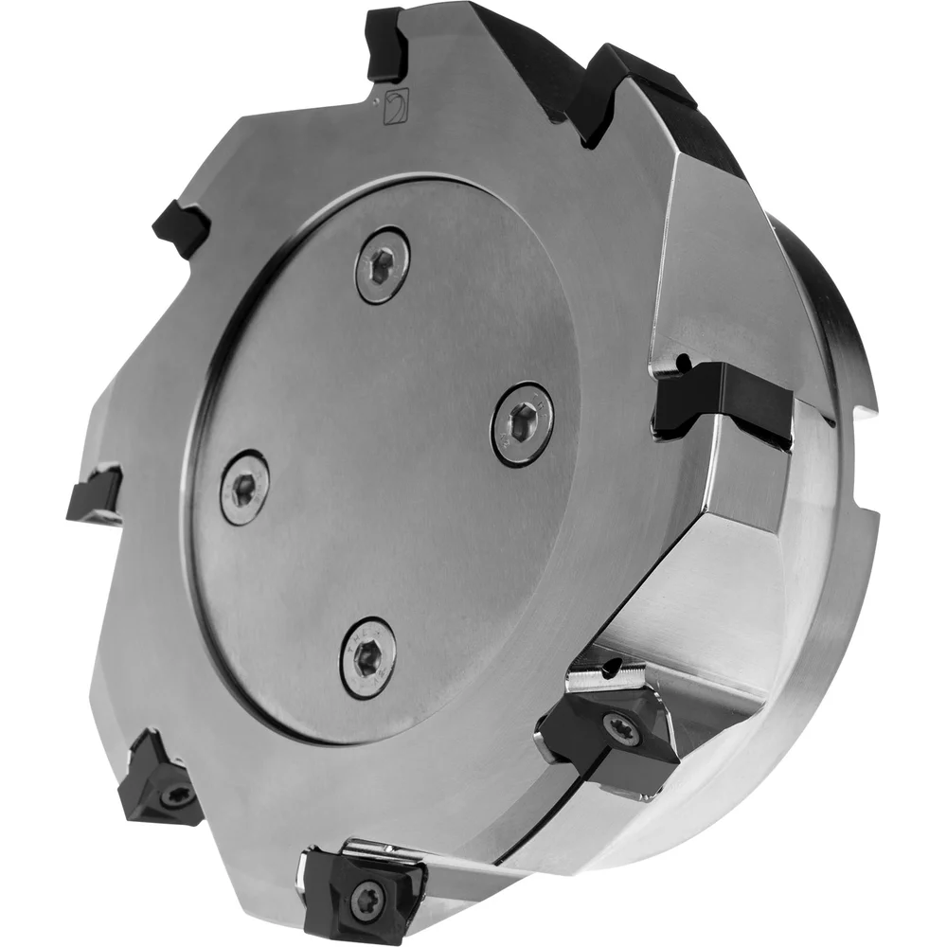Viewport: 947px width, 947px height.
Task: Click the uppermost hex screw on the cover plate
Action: point(383,265)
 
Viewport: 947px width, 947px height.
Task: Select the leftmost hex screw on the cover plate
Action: point(244,485)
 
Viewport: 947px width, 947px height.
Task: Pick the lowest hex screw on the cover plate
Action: point(368,657)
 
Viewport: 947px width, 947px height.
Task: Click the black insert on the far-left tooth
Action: point(95,494)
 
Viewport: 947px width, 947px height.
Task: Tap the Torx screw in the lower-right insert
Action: point(620,728)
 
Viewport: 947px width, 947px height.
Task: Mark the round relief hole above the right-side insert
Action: point(680,361)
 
